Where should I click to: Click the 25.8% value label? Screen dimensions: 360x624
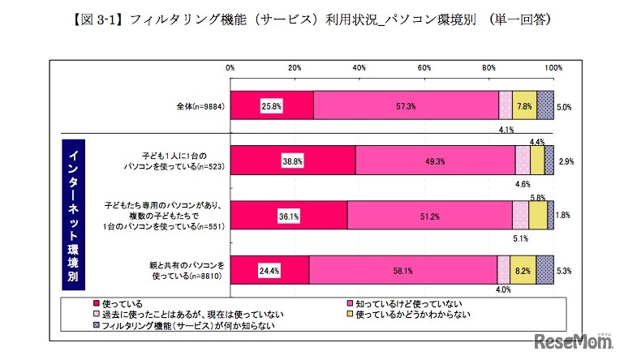(x=271, y=106)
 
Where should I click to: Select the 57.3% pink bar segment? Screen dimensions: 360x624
(x=406, y=106)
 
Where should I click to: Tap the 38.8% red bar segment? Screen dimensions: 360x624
(x=293, y=161)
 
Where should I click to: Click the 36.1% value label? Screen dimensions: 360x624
(x=287, y=215)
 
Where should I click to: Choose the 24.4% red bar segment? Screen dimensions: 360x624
(x=269, y=269)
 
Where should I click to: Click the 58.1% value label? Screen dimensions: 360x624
(x=403, y=269)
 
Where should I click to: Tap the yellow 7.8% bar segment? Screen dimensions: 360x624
(x=524, y=106)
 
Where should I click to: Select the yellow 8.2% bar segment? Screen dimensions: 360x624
(x=523, y=269)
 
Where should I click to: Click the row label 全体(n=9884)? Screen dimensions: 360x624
(x=200, y=106)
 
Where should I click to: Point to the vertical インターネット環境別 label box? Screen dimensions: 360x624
(x=70, y=215)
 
